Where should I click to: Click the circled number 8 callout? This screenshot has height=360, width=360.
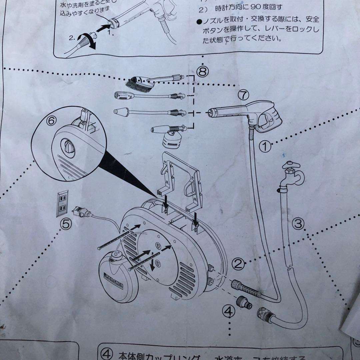(203, 71)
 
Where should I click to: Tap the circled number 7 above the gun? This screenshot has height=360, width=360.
(243, 95)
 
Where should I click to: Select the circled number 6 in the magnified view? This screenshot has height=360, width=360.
(51, 121)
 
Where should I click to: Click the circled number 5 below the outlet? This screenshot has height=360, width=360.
(66, 224)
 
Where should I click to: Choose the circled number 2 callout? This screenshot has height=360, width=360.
(238, 264)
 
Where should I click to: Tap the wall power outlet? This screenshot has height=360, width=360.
(62, 203)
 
